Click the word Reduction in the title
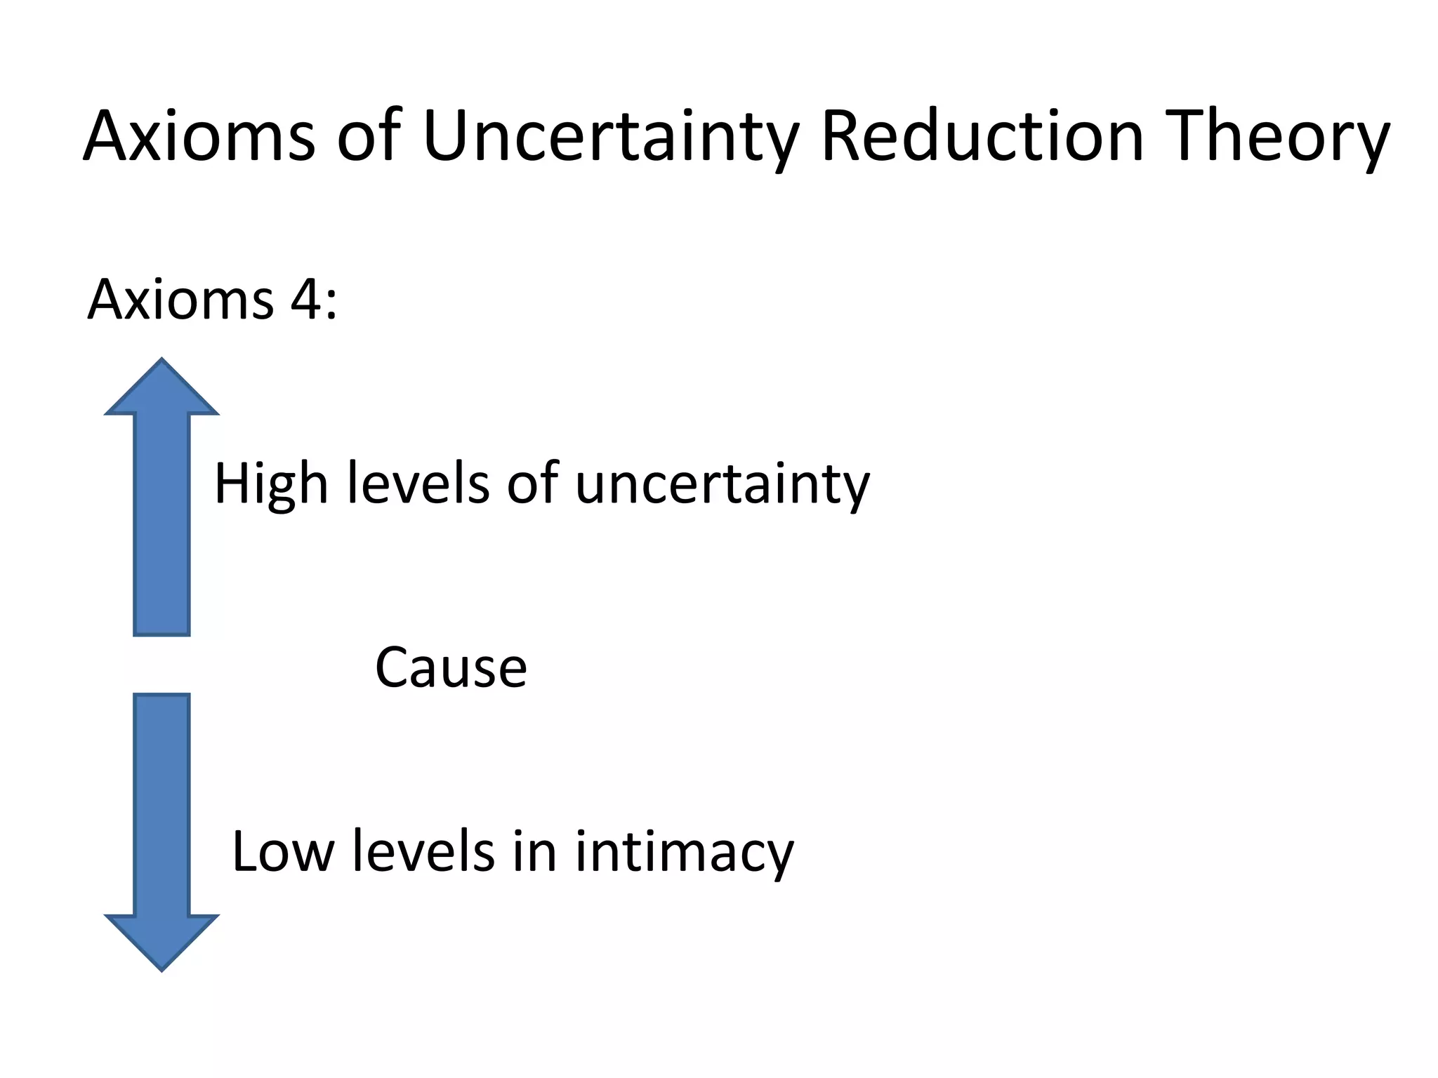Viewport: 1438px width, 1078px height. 983,137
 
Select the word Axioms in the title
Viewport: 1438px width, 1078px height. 199,137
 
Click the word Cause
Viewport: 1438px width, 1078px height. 451,667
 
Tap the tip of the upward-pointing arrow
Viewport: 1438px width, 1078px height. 162,362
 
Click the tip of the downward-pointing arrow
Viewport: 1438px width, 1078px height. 162,969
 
